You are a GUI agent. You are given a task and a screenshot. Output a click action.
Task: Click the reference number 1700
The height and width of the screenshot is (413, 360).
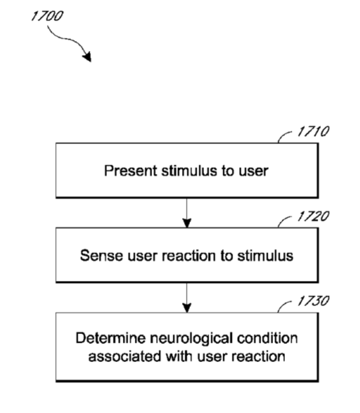47,16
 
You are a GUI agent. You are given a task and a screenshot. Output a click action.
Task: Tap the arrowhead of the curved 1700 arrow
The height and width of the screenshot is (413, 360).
87,56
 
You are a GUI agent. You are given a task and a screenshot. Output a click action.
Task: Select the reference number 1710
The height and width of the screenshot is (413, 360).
314,131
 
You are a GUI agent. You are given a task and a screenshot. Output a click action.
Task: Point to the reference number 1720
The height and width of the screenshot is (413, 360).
314,216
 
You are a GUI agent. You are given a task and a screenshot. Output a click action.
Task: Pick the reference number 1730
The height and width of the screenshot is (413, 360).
314,301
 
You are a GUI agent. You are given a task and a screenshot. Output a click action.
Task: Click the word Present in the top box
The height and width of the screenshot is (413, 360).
130,171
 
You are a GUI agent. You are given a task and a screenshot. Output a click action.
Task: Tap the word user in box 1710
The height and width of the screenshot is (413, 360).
254,171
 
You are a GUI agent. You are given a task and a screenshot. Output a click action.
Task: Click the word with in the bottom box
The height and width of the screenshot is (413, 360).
179,357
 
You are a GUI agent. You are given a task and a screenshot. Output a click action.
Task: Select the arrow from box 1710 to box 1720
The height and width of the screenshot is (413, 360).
187,213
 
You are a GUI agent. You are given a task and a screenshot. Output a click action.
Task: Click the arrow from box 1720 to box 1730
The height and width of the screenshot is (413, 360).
187,297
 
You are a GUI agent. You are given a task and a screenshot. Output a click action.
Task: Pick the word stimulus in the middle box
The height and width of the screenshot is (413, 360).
265,256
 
